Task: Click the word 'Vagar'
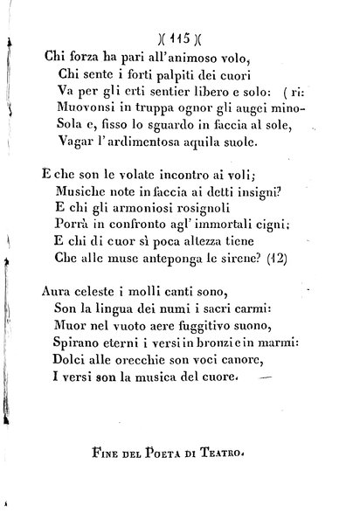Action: pos(72,150)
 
